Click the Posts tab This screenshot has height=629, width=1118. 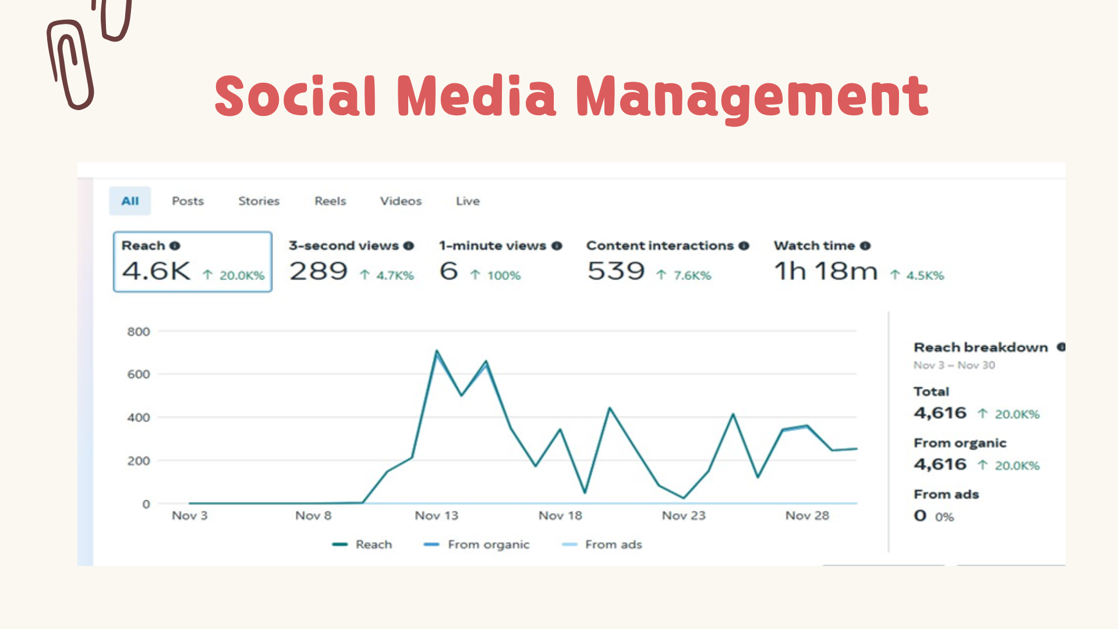[187, 201]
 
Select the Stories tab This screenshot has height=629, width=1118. [259, 201]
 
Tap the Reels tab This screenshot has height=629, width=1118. [330, 201]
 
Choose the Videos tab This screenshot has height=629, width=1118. [401, 201]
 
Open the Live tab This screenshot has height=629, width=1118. [468, 201]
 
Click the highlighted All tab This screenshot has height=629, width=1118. [130, 201]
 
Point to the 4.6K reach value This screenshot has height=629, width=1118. [156, 271]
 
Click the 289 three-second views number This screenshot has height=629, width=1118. [319, 271]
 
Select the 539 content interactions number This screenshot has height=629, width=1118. [616, 271]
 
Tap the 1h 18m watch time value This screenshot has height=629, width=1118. [826, 271]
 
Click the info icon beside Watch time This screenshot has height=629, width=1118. [865, 246]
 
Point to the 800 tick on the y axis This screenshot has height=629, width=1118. [139, 331]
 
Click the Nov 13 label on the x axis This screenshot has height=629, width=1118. [436, 515]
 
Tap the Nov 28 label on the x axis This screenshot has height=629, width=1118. [807, 515]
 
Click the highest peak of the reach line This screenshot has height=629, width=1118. [437, 351]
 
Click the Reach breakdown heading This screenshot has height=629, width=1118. [981, 348]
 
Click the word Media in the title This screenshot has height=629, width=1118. [477, 96]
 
